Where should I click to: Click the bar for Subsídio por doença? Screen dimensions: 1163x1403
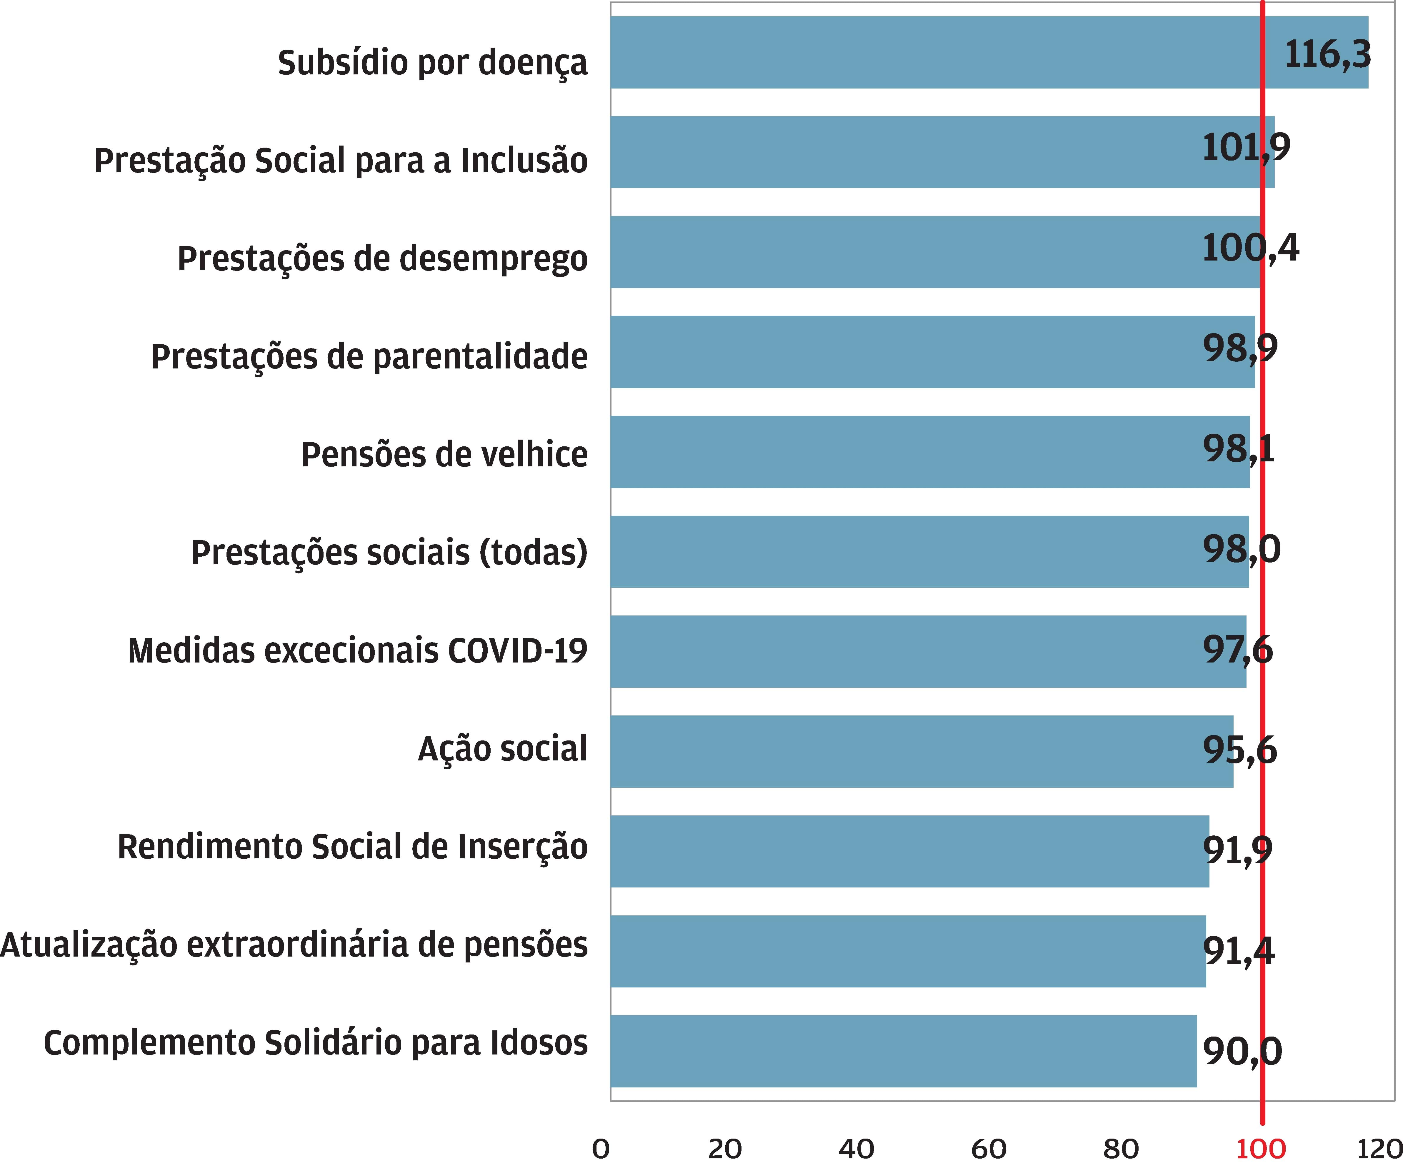click(935, 52)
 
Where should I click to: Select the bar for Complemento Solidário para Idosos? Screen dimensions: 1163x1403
click(902, 1051)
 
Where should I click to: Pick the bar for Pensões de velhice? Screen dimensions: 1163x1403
click(929, 452)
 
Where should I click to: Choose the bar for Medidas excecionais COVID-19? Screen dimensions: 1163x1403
click(929, 651)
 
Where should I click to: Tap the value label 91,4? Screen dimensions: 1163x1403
click(1238, 950)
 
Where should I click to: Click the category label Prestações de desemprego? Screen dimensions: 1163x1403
click(382, 259)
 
